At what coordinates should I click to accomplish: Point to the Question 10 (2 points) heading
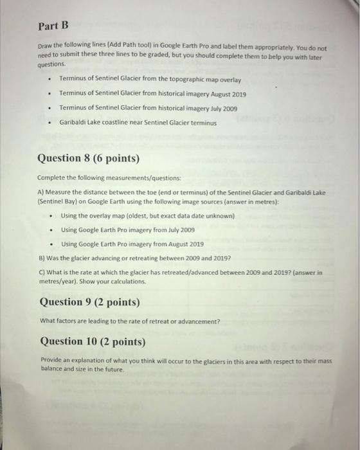click(93, 341)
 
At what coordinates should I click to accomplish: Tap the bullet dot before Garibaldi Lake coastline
click(49, 122)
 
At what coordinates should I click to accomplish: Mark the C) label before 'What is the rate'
click(42, 273)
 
